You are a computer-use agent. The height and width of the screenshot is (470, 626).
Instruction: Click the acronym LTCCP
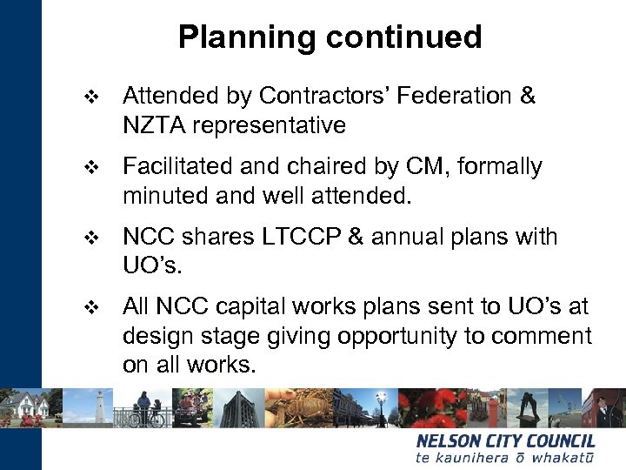[x=294, y=237]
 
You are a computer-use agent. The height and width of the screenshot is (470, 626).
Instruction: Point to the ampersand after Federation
[x=527, y=96]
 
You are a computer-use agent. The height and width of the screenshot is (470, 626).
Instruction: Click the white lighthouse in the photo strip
[x=102, y=407]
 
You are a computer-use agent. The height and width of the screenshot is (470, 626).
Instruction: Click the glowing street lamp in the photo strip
[x=380, y=399]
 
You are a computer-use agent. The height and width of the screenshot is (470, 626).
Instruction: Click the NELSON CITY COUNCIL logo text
[x=505, y=441]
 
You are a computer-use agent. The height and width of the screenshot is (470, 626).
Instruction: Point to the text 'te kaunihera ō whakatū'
[x=505, y=458]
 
